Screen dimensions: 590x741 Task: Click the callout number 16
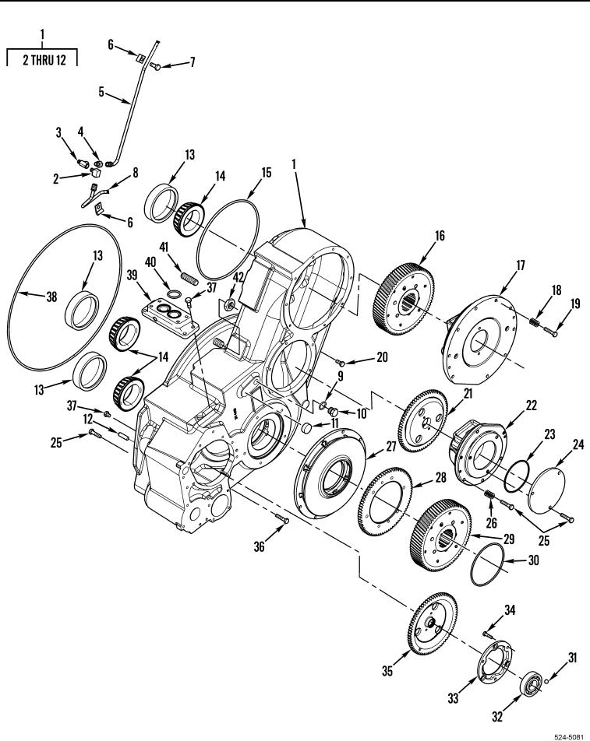pyautogui.click(x=440, y=235)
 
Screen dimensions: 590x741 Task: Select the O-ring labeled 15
pyautogui.click(x=228, y=240)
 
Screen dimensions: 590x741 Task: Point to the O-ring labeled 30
pyautogui.click(x=487, y=564)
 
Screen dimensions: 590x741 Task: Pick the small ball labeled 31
pyautogui.click(x=546, y=681)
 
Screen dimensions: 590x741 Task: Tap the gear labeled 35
pyautogui.click(x=433, y=623)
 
